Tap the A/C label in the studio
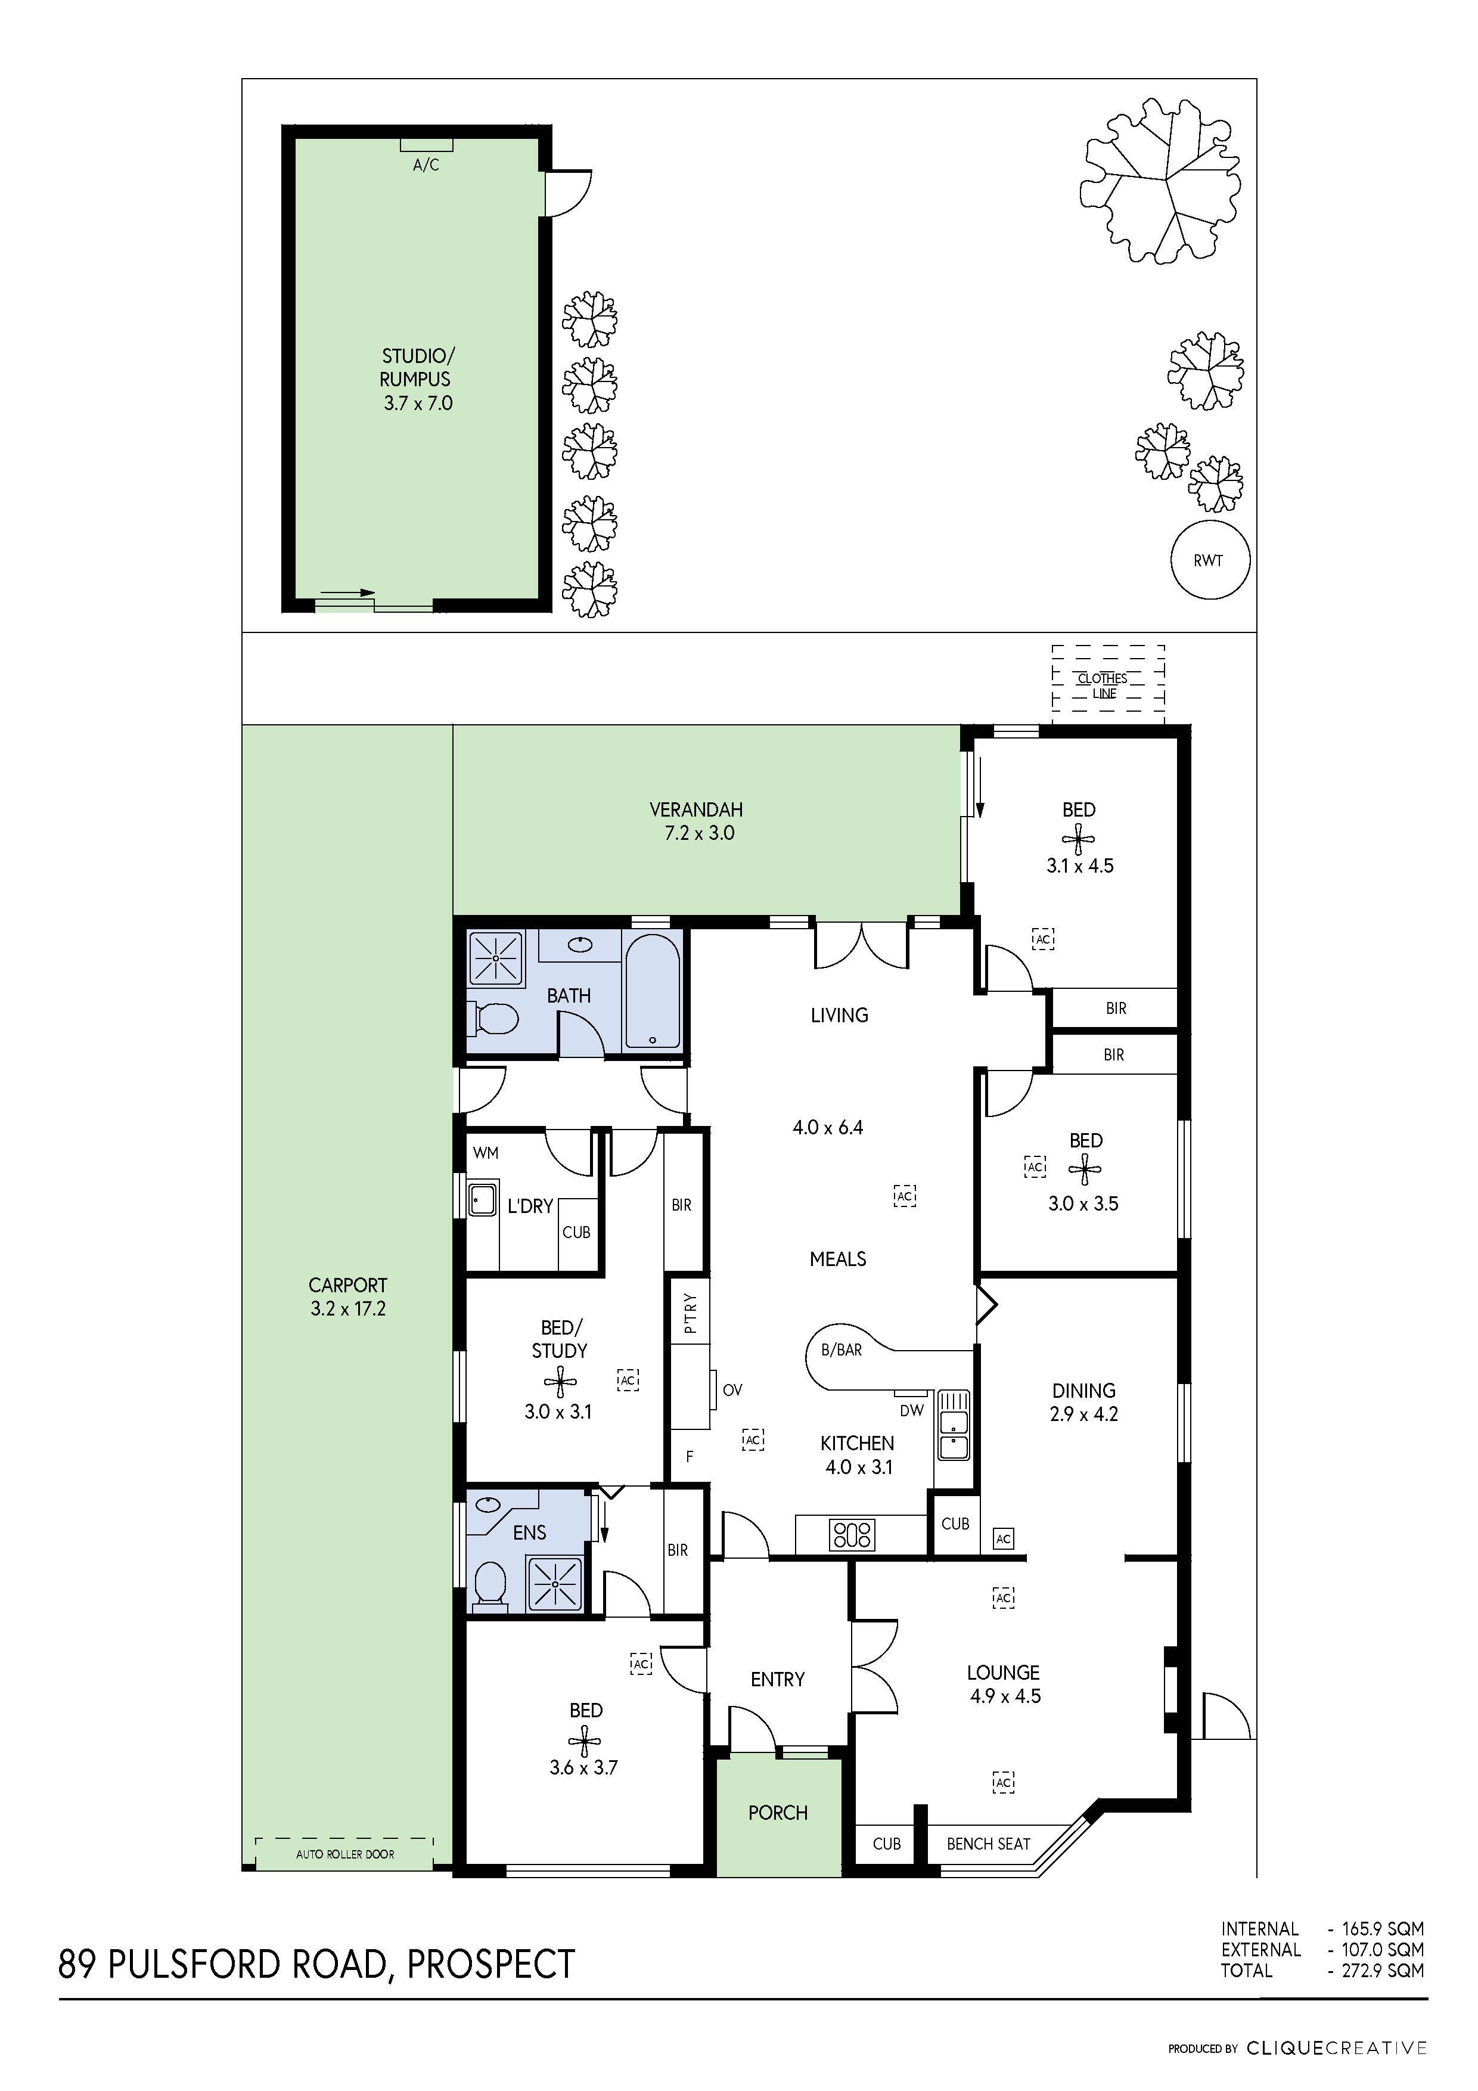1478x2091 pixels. [x=426, y=165]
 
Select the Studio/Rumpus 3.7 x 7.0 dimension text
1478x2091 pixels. [x=418, y=404]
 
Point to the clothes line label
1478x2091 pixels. [x=1103, y=685]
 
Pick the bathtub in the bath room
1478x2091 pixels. [x=652, y=990]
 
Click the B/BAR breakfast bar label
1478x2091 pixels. [x=842, y=1349]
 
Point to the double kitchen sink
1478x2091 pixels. [x=954, y=1425]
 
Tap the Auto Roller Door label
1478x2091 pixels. [x=345, y=1853]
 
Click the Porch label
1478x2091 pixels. [x=778, y=1812]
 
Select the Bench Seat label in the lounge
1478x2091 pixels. [x=988, y=1843]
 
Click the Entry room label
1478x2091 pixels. [x=778, y=1679]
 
